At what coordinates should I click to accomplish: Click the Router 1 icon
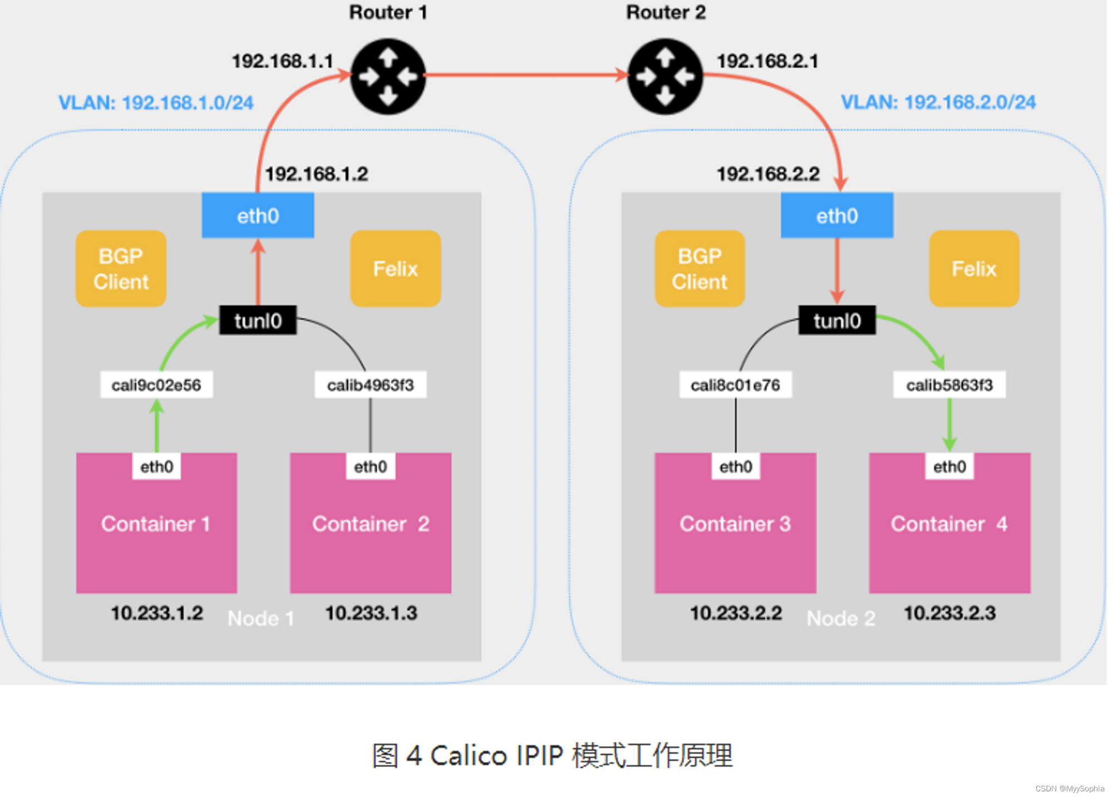[388, 76]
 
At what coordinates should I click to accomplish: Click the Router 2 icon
[665, 76]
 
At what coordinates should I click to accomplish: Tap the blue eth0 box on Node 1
[258, 216]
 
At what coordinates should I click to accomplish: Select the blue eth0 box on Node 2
[837, 216]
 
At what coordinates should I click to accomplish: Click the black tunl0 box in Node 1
[258, 321]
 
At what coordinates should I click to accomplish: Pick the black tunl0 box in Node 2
[837, 321]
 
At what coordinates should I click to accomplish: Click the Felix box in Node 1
[395, 269]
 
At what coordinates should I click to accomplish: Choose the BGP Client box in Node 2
[700, 269]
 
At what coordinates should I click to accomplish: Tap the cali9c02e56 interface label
[156, 385]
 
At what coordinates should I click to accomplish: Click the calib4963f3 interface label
[371, 385]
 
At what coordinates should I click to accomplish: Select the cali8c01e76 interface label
[735, 385]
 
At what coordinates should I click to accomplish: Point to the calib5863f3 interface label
[949, 385]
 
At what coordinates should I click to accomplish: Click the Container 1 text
[156, 524]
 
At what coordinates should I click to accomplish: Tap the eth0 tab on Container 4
[949, 466]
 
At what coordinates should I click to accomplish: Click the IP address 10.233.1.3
[371, 613]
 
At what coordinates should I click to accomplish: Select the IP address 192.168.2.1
[767, 61]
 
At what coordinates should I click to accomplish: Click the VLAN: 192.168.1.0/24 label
[156, 103]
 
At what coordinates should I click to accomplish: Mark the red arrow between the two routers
[526, 75]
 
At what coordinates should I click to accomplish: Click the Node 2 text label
[841, 618]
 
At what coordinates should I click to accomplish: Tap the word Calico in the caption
[469, 756]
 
